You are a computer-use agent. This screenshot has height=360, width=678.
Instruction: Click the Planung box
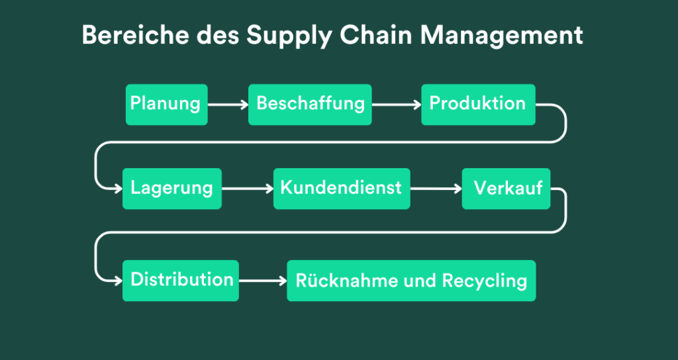click(x=166, y=104)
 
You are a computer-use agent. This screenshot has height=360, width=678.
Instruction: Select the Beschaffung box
click(x=310, y=104)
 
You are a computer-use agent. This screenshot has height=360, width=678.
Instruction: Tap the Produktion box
click(x=478, y=104)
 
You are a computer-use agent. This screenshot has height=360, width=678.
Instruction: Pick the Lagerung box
click(x=171, y=188)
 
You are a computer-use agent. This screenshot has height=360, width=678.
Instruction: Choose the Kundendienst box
click(x=341, y=188)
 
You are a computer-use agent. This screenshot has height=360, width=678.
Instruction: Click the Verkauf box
click(x=506, y=188)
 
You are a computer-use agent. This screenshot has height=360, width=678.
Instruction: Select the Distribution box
click(x=181, y=280)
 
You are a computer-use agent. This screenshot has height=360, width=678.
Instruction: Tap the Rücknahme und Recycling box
click(x=411, y=280)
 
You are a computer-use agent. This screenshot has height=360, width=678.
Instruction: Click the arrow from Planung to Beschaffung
click(x=228, y=105)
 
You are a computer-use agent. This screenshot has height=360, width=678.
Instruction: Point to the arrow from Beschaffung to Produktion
click(x=396, y=105)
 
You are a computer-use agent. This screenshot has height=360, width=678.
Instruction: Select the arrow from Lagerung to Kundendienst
click(x=247, y=189)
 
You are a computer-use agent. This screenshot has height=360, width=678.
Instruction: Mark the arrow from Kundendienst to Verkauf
click(x=436, y=189)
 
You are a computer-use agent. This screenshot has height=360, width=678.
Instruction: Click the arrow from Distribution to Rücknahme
click(x=262, y=281)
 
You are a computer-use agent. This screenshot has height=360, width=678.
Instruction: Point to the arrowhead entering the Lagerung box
click(x=117, y=188)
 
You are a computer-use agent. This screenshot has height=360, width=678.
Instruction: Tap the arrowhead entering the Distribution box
click(x=117, y=280)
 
